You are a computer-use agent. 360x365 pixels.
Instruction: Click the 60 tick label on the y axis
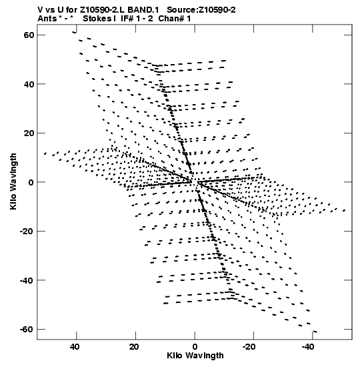click(29, 35)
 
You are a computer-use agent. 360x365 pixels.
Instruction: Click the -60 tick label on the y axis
click(27, 330)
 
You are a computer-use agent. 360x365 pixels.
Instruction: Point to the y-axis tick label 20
click(29, 133)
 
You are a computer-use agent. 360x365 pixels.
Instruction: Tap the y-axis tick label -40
click(27, 280)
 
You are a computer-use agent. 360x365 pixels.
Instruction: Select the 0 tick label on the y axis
click(31, 182)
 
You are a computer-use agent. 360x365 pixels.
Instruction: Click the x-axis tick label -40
click(310, 347)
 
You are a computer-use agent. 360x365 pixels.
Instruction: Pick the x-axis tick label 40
click(75, 347)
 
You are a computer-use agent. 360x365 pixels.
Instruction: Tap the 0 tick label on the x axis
click(195, 347)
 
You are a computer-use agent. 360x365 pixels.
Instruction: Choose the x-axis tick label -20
click(251, 347)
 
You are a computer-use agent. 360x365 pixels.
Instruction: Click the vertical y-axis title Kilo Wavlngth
click(13, 181)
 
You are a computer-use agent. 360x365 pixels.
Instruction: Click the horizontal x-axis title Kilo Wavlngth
click(195, 356)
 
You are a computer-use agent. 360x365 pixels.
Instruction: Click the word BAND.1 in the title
click(143, 10)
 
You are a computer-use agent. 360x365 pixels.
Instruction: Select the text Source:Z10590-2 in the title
click(201, 10)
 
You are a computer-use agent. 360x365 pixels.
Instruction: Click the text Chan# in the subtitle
click(171, 19)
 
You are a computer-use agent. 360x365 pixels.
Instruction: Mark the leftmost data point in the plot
click(45, 153)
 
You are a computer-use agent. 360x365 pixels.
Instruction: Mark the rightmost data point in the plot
click(344, 210)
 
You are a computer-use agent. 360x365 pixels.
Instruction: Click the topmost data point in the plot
click(74, 32)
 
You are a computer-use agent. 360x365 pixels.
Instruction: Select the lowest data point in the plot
click(315, 332)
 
